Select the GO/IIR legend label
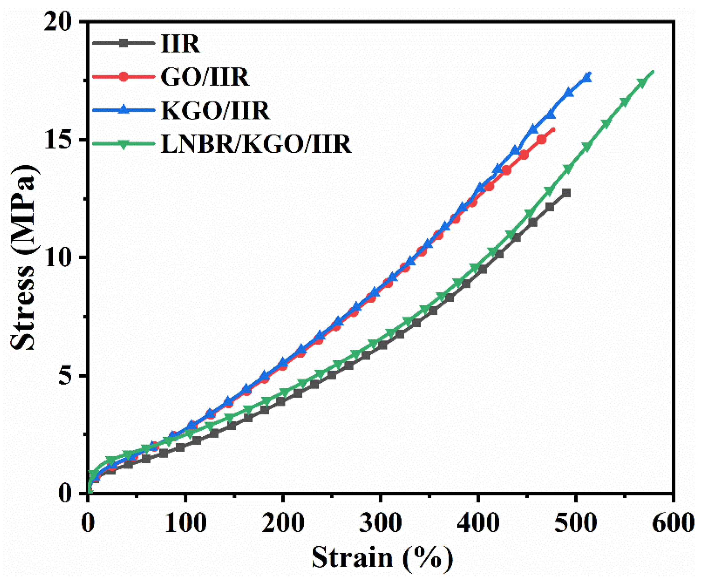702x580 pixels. point(205,77)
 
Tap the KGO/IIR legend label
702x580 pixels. point(215,111)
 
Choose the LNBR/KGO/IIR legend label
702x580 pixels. point(256,144)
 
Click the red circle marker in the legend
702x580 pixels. point(124,77)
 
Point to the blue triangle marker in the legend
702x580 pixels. point(124,109)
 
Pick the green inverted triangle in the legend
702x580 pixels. point(124,144)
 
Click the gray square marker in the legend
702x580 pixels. point(124,43)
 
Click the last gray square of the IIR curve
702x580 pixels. point(566,193)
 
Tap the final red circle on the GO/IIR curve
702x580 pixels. point(542,139)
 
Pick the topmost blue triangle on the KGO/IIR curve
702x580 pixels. point(586,78)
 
